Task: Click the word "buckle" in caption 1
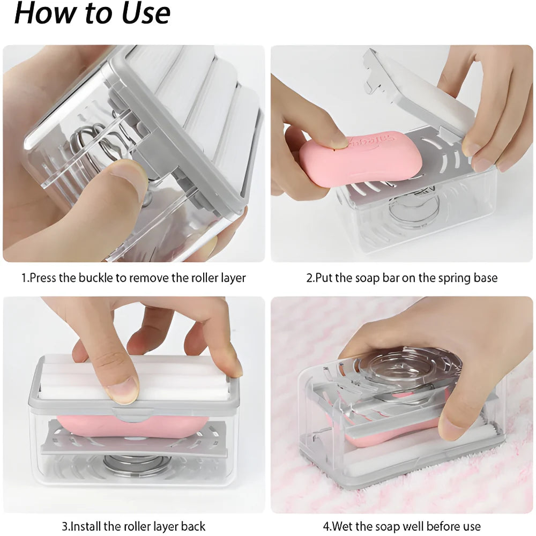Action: pos(97,278)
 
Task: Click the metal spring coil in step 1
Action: pos(94,142)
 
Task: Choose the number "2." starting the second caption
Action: pos(310,278)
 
